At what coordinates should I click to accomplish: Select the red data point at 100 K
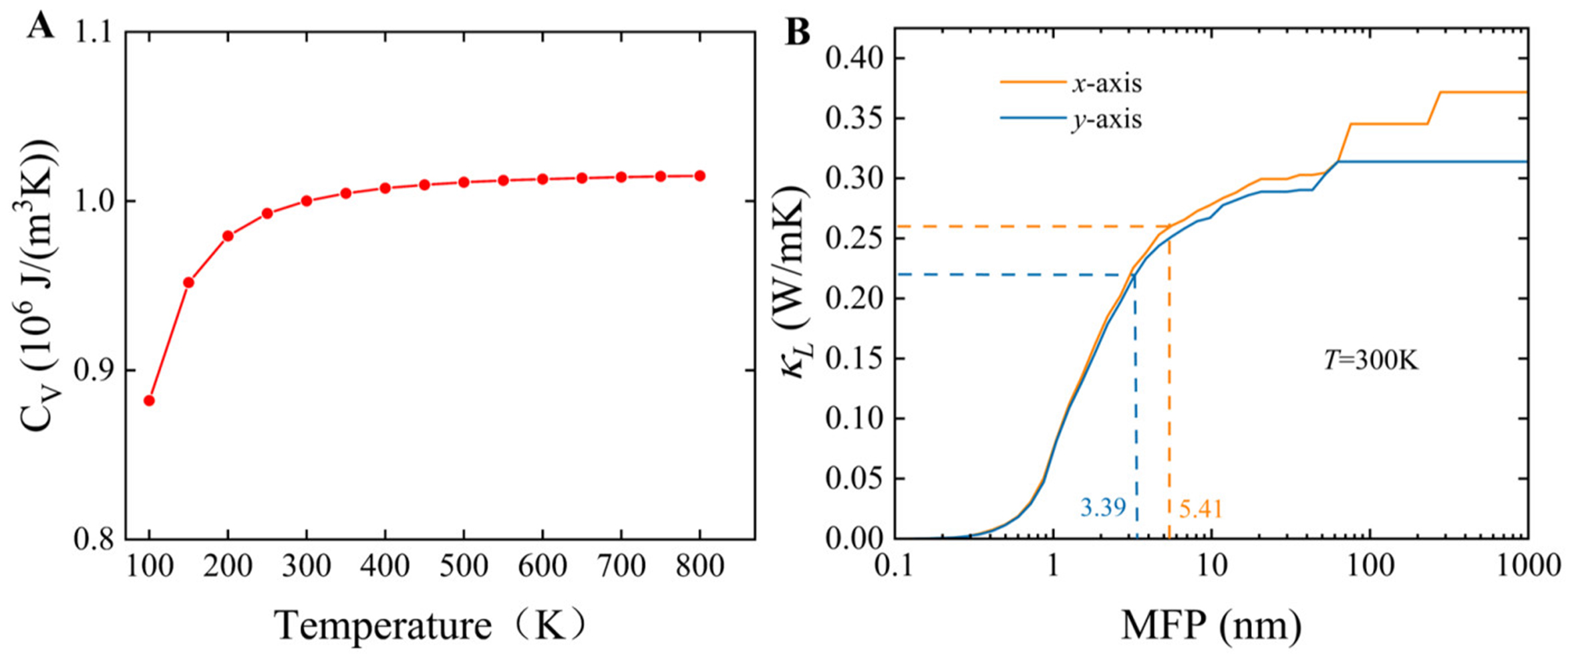click(149, 401)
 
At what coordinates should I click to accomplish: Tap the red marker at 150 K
click(188, 282)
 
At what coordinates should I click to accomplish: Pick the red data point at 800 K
click(699, 176)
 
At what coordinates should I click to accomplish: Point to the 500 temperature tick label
click(464, 566)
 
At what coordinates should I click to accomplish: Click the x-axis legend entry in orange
click(1106, 84)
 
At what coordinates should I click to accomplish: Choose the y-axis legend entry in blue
click(1106, 120)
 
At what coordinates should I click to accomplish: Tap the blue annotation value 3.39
click(1103, 508)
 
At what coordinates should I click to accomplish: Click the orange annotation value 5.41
click(1201, 510)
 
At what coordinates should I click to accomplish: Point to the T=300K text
click(1371, 361)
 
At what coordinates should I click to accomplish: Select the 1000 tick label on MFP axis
click(1526, 566)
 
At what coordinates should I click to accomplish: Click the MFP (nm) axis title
click(1211, 626)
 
